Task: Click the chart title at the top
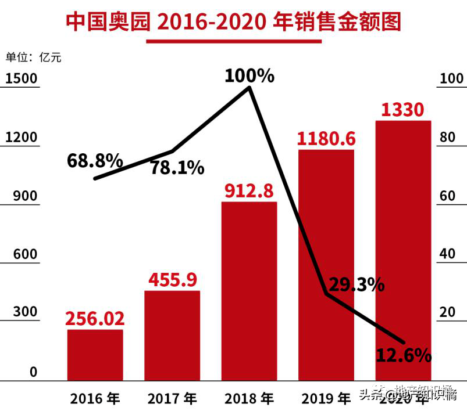coord(233,21)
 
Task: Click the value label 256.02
coord(95,319)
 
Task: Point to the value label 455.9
coord(172,280)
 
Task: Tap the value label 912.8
coord(249,191)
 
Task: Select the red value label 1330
coord(402,109)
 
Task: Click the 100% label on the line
coord(249,76)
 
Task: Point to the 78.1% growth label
coord(177,168)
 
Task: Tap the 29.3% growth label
coord(357,284)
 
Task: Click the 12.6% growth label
coord(403,354)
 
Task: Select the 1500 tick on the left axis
coord(21,78)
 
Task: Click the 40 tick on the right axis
coord(447,254)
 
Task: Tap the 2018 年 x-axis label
coord(249,399)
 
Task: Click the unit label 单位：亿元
coord(33,57)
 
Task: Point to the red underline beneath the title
coord(233,42)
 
